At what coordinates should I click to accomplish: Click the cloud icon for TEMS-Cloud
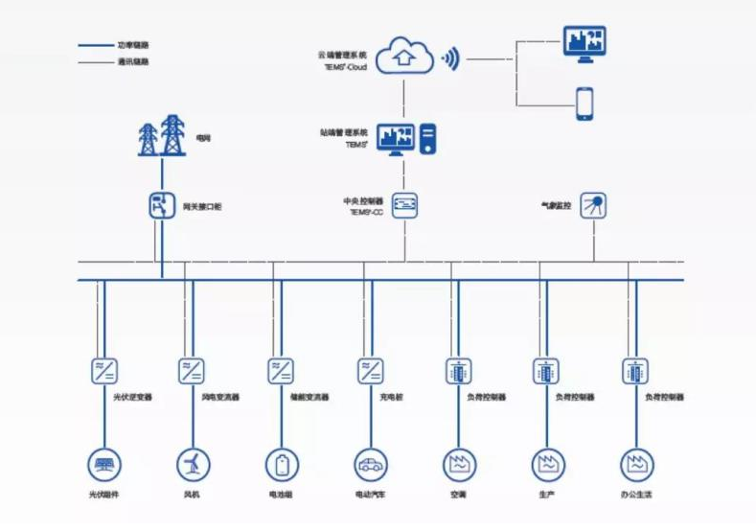(x=405, y=55)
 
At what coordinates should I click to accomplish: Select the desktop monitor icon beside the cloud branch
(x=584, y=43)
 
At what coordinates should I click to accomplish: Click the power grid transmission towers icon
(x=160, y=136)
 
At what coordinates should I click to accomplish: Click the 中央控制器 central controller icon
(x=404, y=204)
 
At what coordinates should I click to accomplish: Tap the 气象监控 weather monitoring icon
(x=594, y=204)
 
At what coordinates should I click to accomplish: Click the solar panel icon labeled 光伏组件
(x=103, y=466)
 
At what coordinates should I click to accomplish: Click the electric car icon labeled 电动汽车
(x=369, y=466)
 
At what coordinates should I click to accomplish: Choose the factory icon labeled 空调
(x=458, y=466)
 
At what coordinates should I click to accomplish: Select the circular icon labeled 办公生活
(x=635, y=466)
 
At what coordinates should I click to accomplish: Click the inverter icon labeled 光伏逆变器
(x=103, y=370)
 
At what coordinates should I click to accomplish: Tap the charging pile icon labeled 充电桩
(x=370, y=370)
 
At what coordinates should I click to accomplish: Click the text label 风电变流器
(x=221, y=396)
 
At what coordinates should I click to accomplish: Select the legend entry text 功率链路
(x=133, y=45)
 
